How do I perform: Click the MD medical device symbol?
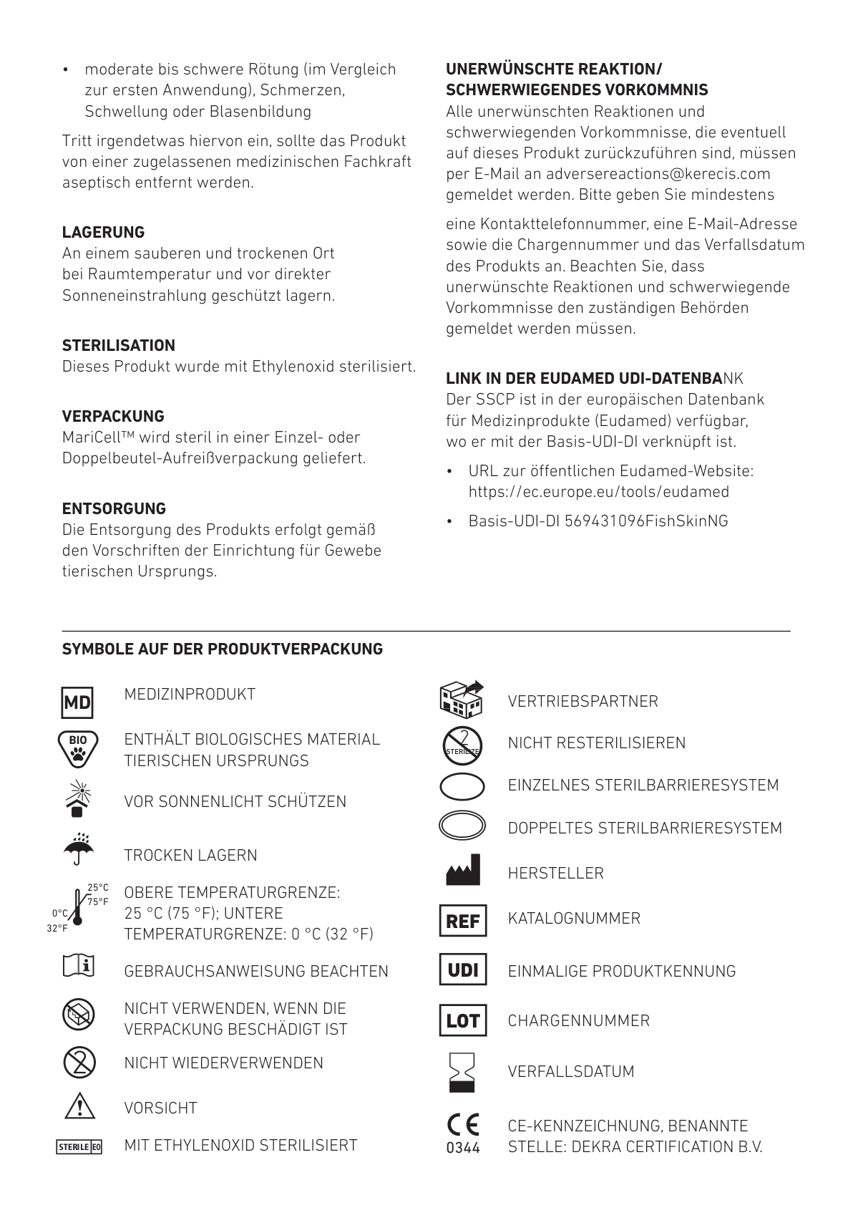pyautogui.click(x=77, y=702)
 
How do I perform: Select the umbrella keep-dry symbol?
pyautogui.click(x=78, y=849)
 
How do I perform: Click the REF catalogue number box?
pyautogui.click(x=462, y=921)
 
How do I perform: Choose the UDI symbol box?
pyautogui.click(x=462, y=970)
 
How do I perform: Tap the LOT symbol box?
pyautogui.click(x=462, y=1020)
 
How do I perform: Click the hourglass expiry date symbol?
pyautogui.click(x=462, y=1071)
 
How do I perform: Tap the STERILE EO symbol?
pyautogui.click(x=79, y=1146)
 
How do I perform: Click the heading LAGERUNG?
pyautogui.click(x=103, y=232)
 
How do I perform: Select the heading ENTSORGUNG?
pyautogui.click(x=114, y=508)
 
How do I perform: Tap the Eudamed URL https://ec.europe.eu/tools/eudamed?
pyautogui.click(x=598, y=492)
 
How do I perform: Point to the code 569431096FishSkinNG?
pyautogui.click(x=646, y=521)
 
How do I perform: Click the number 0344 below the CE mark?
pyautogui.click(x=463, y=1148)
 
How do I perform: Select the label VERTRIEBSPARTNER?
pyautogui.click(x=582, y=701)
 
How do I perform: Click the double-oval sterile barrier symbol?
pyautogui.click(x=462, y=826)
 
